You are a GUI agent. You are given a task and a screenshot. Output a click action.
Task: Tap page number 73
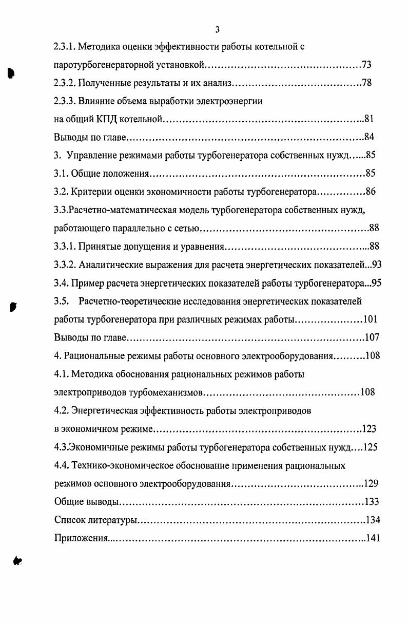tap(366, 65)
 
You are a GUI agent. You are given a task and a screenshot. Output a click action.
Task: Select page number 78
tap(366, 83)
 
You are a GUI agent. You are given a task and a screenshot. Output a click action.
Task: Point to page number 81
tap(368, 119)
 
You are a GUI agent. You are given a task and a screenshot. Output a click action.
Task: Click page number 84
tap(368, 137)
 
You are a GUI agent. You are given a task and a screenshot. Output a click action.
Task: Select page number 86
tap(371, 192)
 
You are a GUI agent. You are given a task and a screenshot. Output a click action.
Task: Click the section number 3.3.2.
tap(65, 265)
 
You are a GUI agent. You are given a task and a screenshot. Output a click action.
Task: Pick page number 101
tap(370, 319)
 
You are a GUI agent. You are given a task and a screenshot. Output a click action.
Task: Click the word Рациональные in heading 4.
tap(93, 356)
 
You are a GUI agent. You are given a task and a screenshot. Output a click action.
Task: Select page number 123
tap(369, 429)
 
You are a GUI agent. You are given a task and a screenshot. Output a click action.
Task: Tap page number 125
tap(370, 447)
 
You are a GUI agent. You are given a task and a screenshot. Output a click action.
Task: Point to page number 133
tap(372, 502)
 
